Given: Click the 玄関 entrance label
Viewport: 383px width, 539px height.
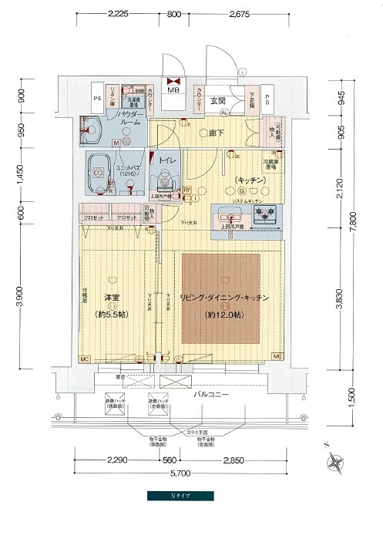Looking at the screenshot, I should [x=217, y=99].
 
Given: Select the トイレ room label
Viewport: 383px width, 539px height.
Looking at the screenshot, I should [x=168, y=160].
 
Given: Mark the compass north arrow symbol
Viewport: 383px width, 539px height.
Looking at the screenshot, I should [x=336, y=461].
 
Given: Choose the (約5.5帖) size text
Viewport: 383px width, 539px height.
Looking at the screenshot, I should [x=113, y=315].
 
